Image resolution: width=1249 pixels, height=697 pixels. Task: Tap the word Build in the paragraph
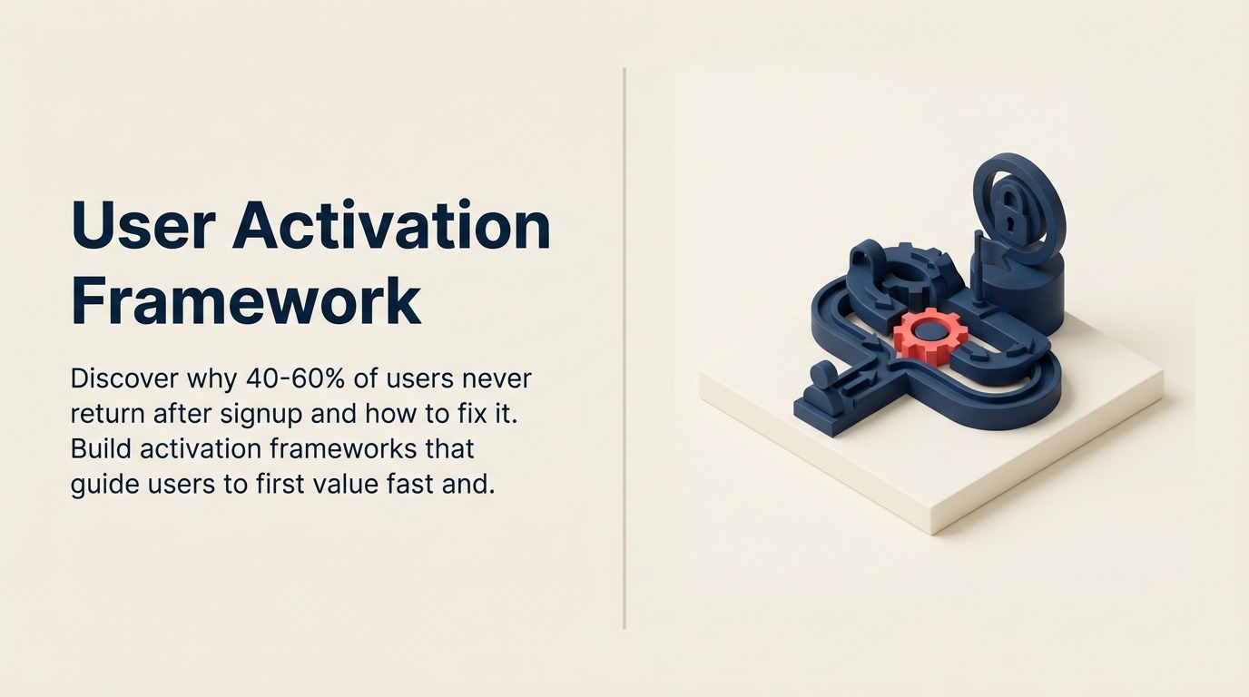102,448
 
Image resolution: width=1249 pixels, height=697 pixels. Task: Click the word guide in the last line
100,485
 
